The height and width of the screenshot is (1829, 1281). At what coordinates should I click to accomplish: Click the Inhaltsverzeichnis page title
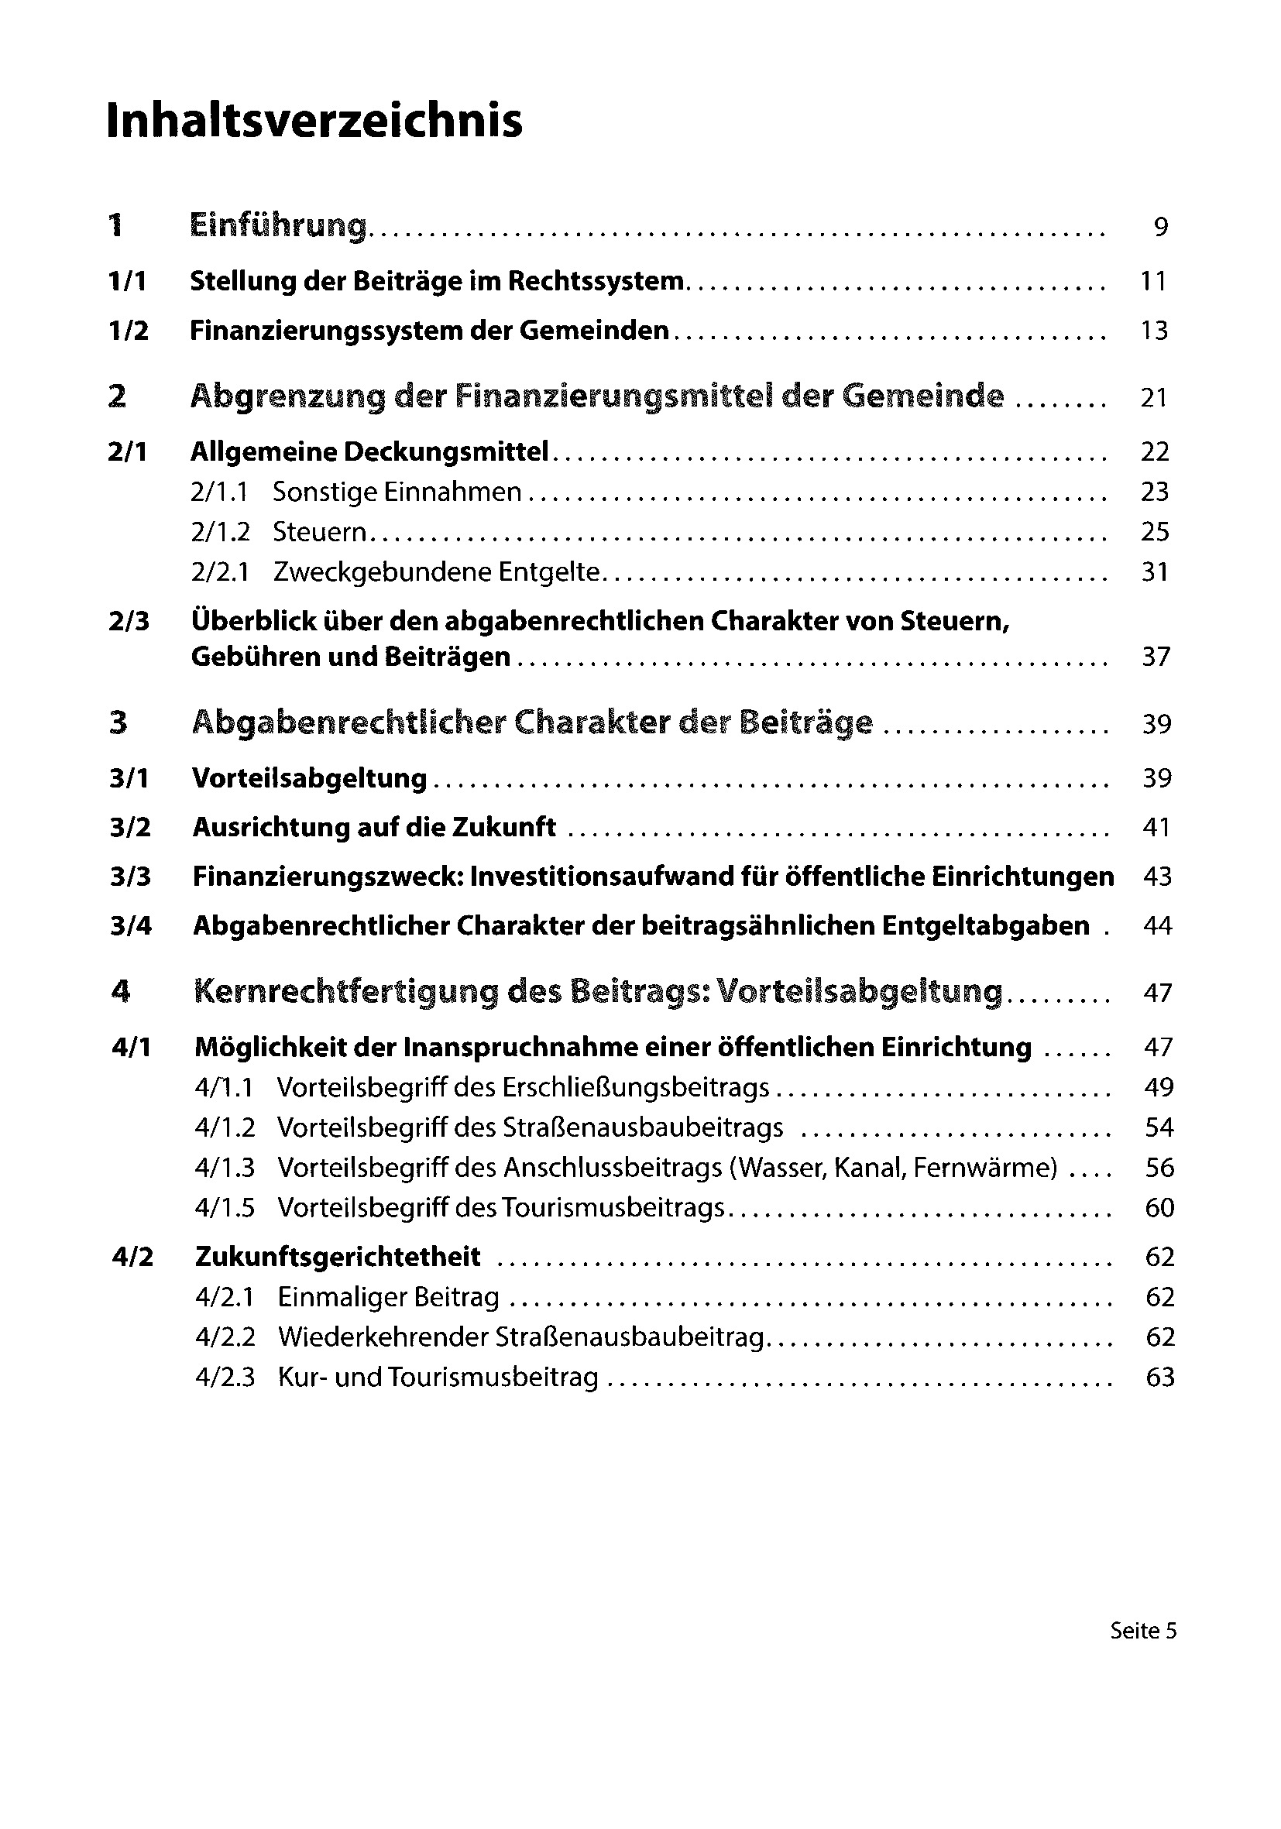point(314,121)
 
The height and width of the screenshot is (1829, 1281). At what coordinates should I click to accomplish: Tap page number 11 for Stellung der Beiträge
point(1153,281)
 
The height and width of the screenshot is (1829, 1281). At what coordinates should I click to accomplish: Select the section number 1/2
point(129,331)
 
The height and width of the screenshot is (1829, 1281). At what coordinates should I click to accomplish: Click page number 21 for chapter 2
point(1153,396)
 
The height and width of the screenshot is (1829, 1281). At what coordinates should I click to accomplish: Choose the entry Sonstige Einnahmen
point(397,492)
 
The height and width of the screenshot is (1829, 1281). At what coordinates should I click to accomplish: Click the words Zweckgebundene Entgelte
point(436,572)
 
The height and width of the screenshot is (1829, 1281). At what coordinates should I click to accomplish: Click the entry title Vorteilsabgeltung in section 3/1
point(310,778)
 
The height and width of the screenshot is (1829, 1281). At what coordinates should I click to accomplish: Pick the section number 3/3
point(131,877)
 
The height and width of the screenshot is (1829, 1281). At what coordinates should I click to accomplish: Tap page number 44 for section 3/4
point(1157,925)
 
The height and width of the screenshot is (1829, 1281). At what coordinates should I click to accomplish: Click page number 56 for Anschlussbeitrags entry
point(1159,1168)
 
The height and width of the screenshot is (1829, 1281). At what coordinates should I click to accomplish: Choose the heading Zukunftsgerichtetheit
point(338,1257)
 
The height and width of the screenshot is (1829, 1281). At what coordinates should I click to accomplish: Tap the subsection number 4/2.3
point(225,1378)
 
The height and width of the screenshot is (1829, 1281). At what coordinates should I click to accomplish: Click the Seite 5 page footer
point(1143,1631)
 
